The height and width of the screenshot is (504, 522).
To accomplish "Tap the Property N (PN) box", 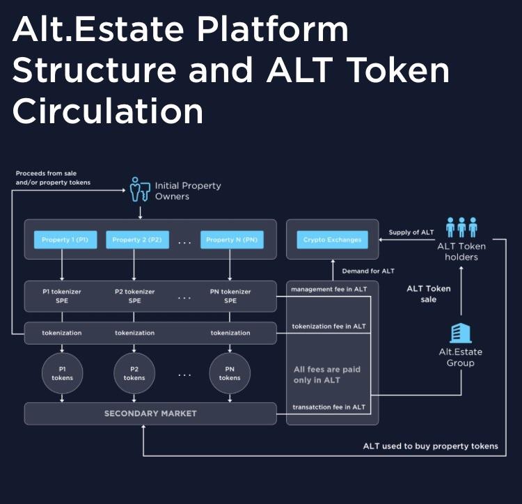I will click(230, 240).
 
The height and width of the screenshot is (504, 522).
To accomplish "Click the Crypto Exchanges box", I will click(332, 240).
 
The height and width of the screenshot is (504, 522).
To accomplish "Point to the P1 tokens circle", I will click(62, 373).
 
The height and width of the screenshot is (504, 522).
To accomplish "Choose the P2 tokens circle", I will click(134, 373).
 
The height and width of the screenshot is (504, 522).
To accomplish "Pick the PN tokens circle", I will click(230, 373).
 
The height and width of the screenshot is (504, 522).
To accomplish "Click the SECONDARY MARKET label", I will click(150, 414).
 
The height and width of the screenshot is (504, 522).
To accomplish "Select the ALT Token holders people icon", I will click(461, 227).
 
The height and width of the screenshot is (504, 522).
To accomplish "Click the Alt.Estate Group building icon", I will click(461, 333).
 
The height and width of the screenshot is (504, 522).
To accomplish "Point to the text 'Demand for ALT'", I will click(367, 271).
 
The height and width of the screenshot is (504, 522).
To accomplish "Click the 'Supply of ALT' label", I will click(411, 233).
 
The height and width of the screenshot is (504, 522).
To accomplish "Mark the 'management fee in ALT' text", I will click(329, 288).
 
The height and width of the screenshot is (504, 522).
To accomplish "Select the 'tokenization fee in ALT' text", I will click(329, 326).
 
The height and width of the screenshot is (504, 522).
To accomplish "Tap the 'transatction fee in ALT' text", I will click(328, 407).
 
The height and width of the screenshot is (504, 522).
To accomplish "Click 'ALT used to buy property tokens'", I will click(430, 446).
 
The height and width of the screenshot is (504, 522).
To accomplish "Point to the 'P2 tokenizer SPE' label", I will click(134, 296).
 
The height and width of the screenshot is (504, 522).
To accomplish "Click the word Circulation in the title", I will click(108, 111).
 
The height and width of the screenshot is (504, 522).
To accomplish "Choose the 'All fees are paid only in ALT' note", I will click(327, 375).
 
